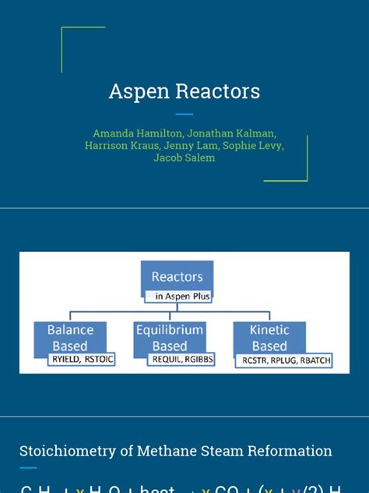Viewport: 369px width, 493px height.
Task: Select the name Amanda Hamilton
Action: (136, 133)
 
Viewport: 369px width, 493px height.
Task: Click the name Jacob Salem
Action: (184, 158)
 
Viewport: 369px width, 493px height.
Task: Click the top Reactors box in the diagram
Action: (177, 276)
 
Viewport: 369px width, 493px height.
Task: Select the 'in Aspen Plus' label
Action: (178, 296)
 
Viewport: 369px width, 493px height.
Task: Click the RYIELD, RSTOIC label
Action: (81, 359)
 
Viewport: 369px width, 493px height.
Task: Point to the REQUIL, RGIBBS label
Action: (181, 359)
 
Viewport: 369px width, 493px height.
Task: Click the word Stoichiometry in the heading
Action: (63, 451)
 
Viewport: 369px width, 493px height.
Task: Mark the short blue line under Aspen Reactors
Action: (184, 114)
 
